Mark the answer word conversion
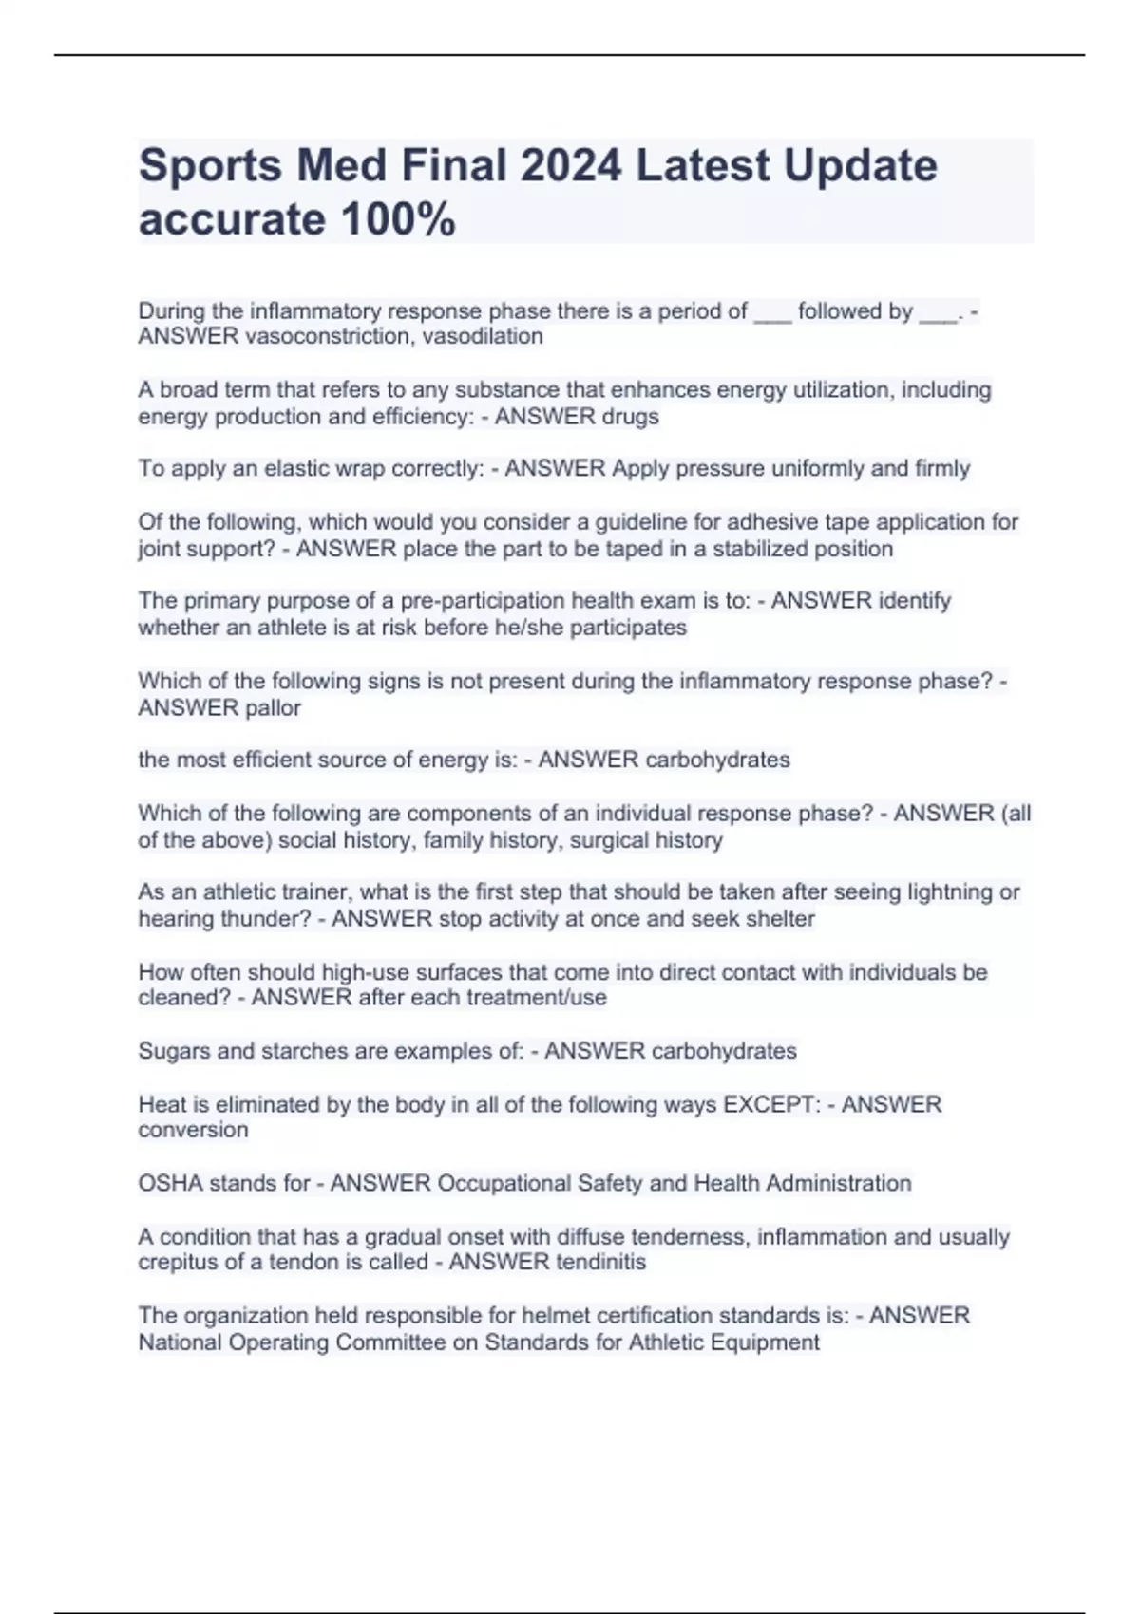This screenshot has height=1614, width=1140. click(x=193, y=1131)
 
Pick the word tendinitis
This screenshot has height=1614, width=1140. click(x=600, y=1263)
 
